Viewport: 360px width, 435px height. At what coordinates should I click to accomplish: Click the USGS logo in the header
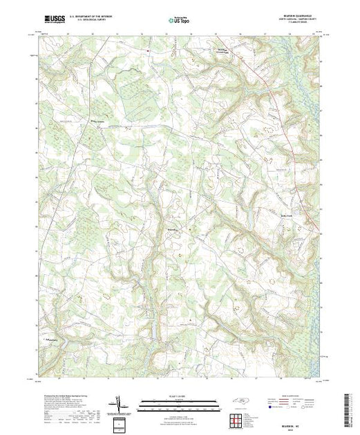tap(55, 20)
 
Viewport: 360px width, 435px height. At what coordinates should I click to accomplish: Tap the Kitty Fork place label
tap(274, 215)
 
